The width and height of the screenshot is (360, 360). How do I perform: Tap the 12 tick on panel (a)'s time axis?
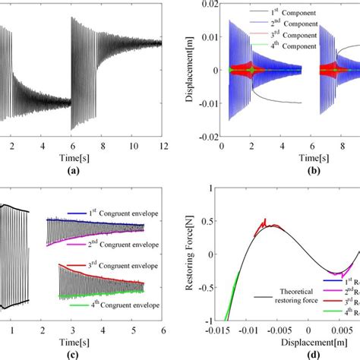(160, 144)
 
